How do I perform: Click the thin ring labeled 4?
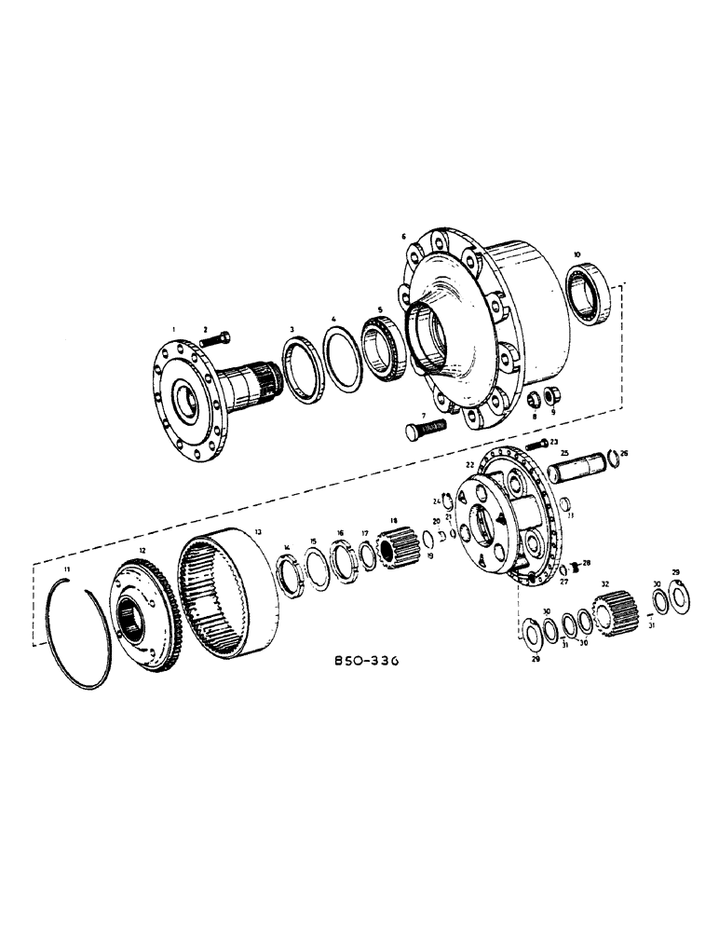coord(341,358)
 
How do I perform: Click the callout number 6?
coord(404,238)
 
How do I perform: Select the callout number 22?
coord(470,463)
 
